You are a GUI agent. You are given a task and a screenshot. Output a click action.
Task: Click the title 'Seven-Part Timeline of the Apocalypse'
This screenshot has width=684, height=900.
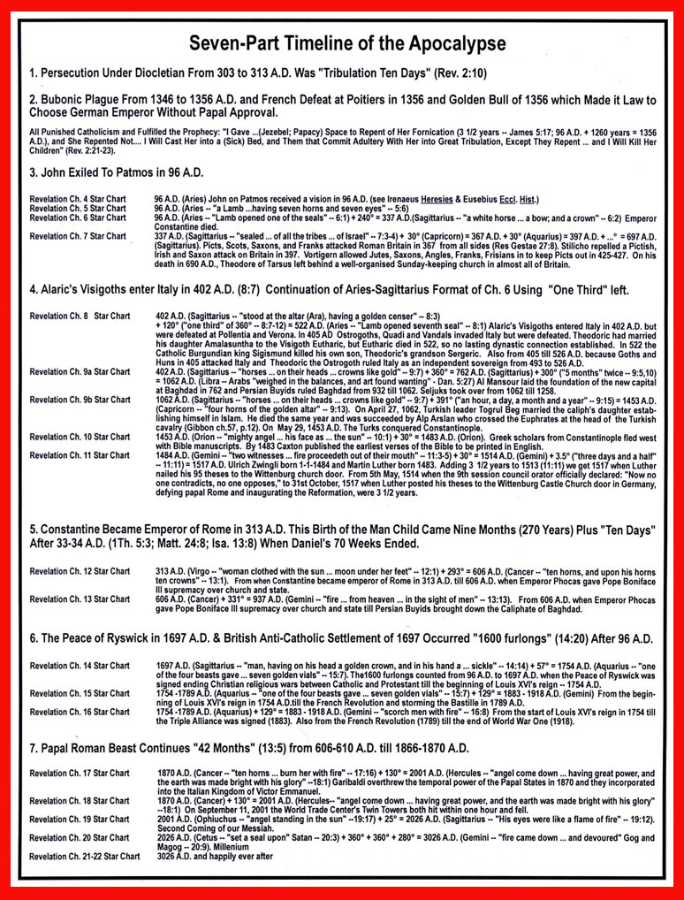(x=342, y=42)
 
